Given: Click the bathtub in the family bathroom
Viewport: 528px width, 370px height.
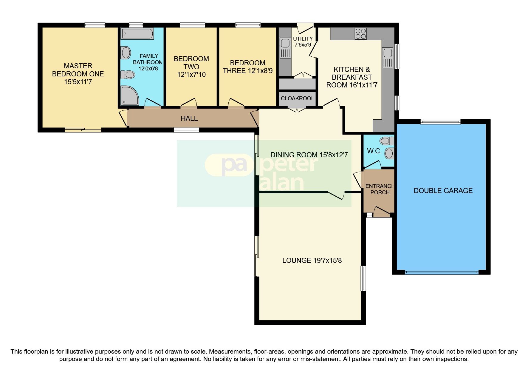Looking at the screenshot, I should [137, 34].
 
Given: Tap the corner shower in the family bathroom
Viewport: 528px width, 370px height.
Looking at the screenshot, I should [129, 96].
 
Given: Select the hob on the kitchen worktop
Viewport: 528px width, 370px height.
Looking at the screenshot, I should [360, 34].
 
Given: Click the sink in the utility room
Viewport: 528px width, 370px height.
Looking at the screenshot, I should [285, 48].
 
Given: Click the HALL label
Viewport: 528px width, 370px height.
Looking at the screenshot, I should [189, 118].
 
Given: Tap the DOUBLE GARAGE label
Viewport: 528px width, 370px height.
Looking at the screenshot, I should [443, 191].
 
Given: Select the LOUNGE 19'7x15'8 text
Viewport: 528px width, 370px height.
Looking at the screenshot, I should [312, 260].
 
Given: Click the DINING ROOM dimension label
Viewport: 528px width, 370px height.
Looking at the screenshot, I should [309, 155].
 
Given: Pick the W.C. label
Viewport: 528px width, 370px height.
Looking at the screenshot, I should [374, 151].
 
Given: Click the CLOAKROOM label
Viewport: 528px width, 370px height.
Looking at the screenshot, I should [296, 98].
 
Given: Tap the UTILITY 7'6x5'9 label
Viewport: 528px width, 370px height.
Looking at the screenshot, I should [303, 42].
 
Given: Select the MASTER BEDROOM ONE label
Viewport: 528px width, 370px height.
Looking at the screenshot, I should [78, 74].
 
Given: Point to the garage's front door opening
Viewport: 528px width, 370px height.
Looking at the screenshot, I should [442, 272].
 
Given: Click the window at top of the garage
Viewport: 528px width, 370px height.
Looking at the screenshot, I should [440, 121].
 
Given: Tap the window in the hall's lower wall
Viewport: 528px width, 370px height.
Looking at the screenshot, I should [186, 130].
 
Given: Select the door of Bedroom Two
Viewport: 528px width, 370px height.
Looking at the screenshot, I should [188, 103].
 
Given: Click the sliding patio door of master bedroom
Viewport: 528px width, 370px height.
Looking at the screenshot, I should [83, 130].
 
